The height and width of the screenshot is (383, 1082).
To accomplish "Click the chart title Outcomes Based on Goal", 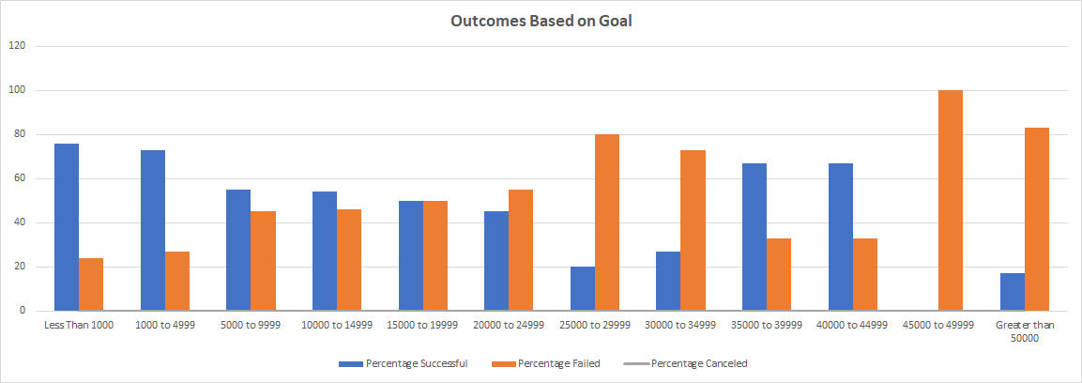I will click(541, 21).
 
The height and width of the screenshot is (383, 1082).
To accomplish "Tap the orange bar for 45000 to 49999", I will click(951, 200).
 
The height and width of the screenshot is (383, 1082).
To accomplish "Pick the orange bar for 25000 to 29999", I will click(606, 222).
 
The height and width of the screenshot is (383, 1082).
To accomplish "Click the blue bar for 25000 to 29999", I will click(583, 288).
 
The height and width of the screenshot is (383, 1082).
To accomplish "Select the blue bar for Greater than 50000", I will click(1013, 292).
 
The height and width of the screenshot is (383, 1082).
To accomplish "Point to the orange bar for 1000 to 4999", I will click(177, 281).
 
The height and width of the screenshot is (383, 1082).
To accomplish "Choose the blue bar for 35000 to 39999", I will click(754, 237).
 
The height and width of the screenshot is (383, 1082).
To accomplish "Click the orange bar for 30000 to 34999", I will click(693, 230).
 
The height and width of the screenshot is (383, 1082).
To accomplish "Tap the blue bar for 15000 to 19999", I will click(410, 255).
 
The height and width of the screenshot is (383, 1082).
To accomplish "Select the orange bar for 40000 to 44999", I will click(865, 274).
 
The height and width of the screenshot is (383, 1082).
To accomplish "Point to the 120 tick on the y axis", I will click(18, 46).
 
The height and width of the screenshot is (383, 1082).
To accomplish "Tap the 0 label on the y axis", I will click(23, 311).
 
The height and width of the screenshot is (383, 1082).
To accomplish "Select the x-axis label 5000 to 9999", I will click(250, 325).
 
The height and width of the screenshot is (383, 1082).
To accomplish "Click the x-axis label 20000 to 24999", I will click(508, 325).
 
